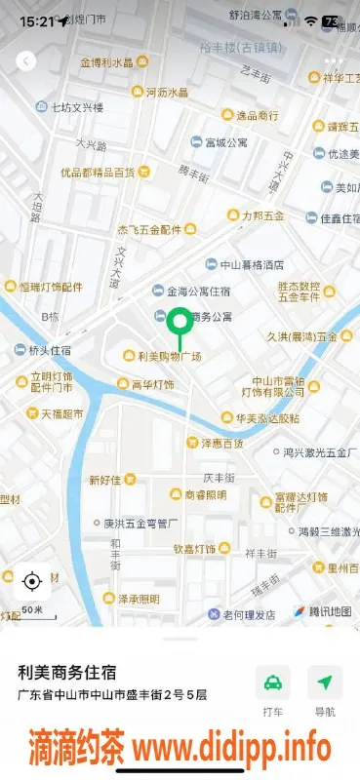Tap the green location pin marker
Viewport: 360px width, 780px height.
pos(179,323)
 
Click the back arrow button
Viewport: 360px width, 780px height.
pos(26,60)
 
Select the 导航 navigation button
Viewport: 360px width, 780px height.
pos(325,691)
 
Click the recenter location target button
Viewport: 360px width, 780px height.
pos(31,582)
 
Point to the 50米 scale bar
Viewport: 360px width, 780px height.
pos(32,612)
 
